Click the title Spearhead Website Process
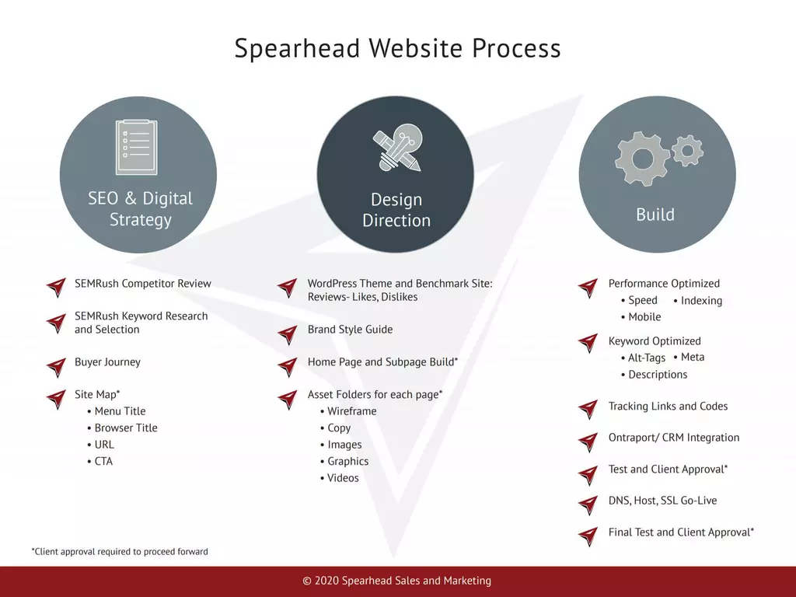[397, 48]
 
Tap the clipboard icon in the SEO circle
[137, 147]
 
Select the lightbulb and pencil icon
[397, 147]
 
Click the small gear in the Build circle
[687, 151]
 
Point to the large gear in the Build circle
[642, 159]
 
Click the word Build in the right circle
[655, 215]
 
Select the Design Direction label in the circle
[396, 210]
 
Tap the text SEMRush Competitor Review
[143, 283]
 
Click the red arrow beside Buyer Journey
[57, 367]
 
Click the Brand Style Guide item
[351, 330]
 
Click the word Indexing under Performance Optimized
[701, 301]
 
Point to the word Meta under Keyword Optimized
[693, 358]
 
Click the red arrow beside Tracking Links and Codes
[588, 409]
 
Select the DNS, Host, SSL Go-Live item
[662, 501]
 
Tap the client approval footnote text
[120, 551]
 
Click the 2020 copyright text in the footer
[397, 581]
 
